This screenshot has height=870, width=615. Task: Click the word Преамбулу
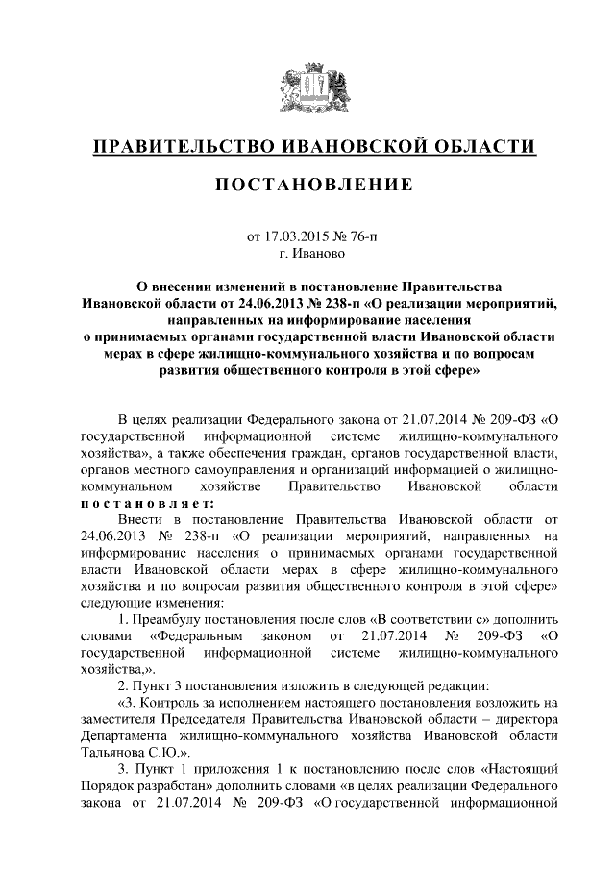(x=178, y=618)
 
